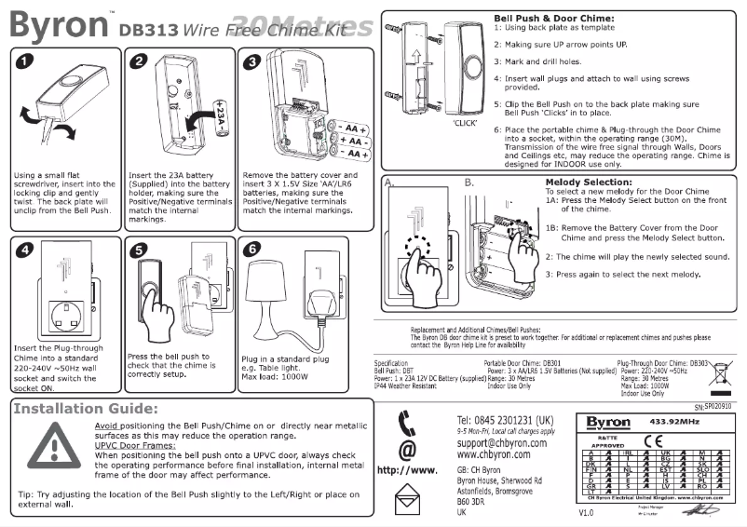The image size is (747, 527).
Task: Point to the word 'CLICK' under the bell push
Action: [x=465, y=122]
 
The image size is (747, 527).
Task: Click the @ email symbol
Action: [x=407, y=449]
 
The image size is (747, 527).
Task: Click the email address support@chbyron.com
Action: [x=502, y=444]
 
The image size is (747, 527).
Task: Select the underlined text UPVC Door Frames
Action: [x=135, y=445]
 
